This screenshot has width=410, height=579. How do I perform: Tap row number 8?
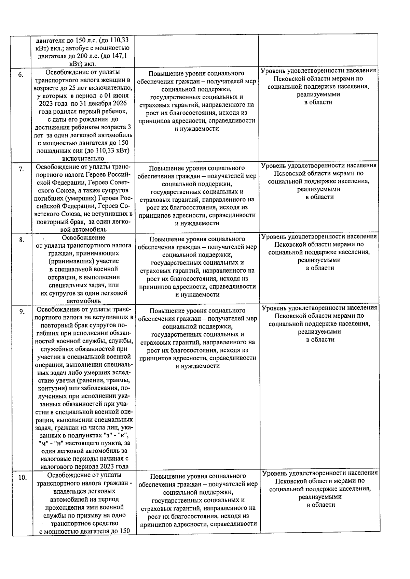21,240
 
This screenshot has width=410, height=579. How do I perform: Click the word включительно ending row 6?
83,159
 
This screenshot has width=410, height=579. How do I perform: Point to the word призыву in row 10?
85,515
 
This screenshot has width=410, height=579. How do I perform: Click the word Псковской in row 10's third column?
294,481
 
